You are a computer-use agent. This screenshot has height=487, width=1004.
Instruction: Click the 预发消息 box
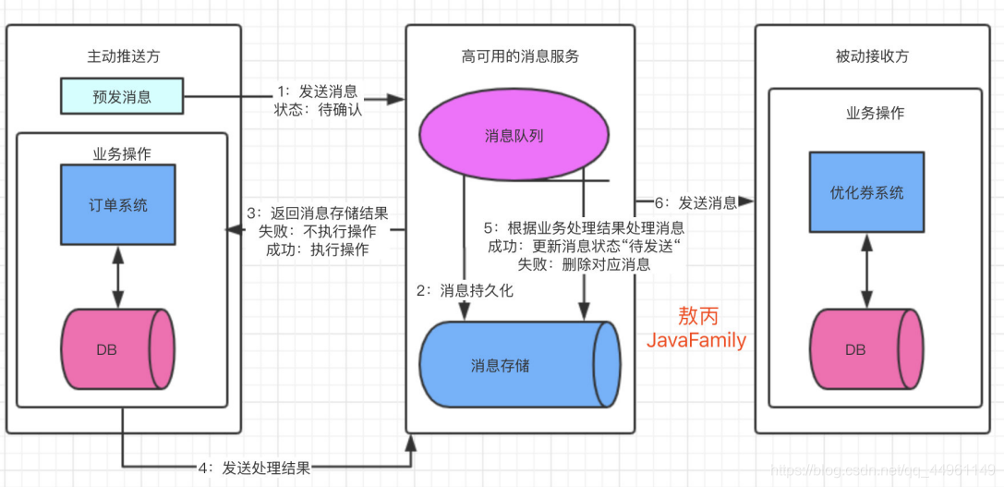point(122,96)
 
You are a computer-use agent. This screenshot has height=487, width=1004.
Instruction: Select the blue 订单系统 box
point(117,204)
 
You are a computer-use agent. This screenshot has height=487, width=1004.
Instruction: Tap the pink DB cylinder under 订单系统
point(117,350)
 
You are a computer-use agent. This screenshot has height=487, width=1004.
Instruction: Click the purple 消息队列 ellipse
point(514,136)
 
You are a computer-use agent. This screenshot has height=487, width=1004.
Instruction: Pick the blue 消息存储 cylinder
point(519,365)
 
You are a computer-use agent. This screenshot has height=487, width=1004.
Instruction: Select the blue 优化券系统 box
point(866,193)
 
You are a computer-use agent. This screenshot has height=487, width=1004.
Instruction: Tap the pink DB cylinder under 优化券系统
point(866,350)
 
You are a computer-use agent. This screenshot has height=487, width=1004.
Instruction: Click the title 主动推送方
point(123,56)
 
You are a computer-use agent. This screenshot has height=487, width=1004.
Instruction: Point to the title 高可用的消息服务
point(520,56)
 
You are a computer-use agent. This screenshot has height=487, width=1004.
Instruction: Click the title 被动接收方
point(871,56)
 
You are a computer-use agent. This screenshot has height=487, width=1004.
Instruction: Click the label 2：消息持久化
point(465,290)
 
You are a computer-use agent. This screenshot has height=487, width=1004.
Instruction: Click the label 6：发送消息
point(696,202)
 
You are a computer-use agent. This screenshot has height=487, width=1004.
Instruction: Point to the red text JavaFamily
point(696,341)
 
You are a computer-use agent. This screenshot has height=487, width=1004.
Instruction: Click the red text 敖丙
point(696,315)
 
